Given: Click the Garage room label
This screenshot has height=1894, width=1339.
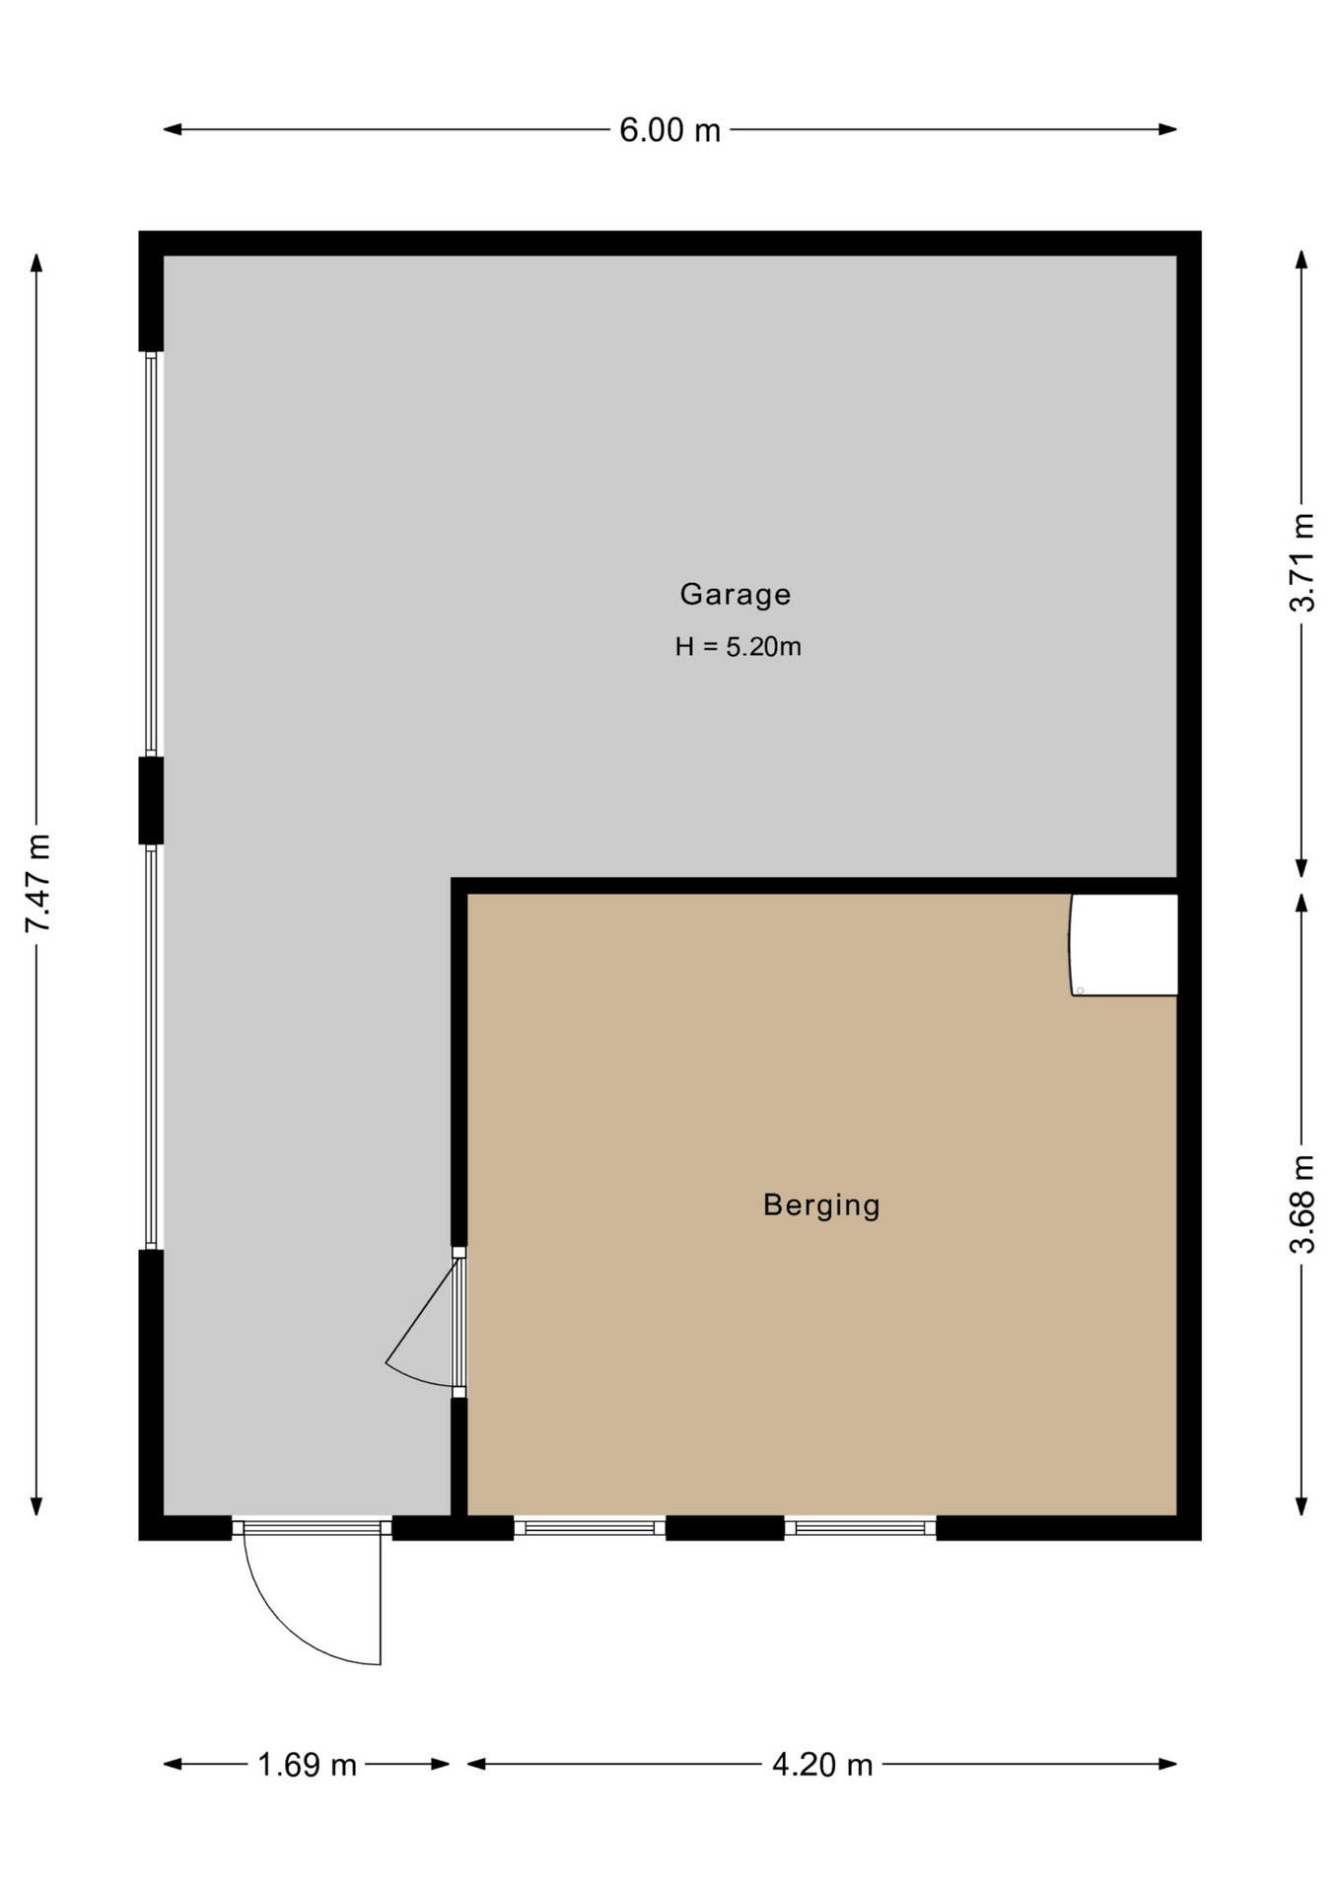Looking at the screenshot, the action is [x=735, y=594].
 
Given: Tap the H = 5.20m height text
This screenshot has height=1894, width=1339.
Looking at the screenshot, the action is [x=738, y=647].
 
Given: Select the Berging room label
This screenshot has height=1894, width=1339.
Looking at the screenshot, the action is [x=821, y=1204].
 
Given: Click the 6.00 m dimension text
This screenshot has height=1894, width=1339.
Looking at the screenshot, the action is [x=669, y=130].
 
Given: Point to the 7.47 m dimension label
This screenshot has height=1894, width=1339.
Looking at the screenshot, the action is [x=37, y=883].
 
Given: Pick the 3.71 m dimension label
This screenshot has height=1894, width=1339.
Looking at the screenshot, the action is [x=1302, y=562].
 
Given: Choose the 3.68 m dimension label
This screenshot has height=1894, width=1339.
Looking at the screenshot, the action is [x=1302, y=1203].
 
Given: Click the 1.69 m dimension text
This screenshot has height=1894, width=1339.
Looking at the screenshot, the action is [x=307, y=1765].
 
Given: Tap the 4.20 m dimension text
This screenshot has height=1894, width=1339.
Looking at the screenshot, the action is [x=822, y=1765].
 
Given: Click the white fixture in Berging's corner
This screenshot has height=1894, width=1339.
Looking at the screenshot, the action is [x=1124, y=945].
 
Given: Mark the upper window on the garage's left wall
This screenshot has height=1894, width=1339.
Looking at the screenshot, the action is [x=151, y=553].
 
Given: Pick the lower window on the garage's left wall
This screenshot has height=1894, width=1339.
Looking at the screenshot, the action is [x=151, y=1047].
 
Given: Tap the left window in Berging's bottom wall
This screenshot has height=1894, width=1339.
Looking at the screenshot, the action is [x=590, y=1528].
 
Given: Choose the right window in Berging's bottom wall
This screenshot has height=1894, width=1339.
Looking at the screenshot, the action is [x=860, y=1528].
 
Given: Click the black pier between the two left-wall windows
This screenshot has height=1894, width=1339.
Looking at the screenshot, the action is [x=151, y=800].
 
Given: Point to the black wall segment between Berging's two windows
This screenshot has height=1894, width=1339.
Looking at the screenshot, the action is [x=725, y=1528].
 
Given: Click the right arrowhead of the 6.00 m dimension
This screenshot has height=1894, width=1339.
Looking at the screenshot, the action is [x=1168, y=129].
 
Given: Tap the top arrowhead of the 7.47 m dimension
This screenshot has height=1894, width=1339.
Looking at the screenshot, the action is [x=36, y=262].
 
